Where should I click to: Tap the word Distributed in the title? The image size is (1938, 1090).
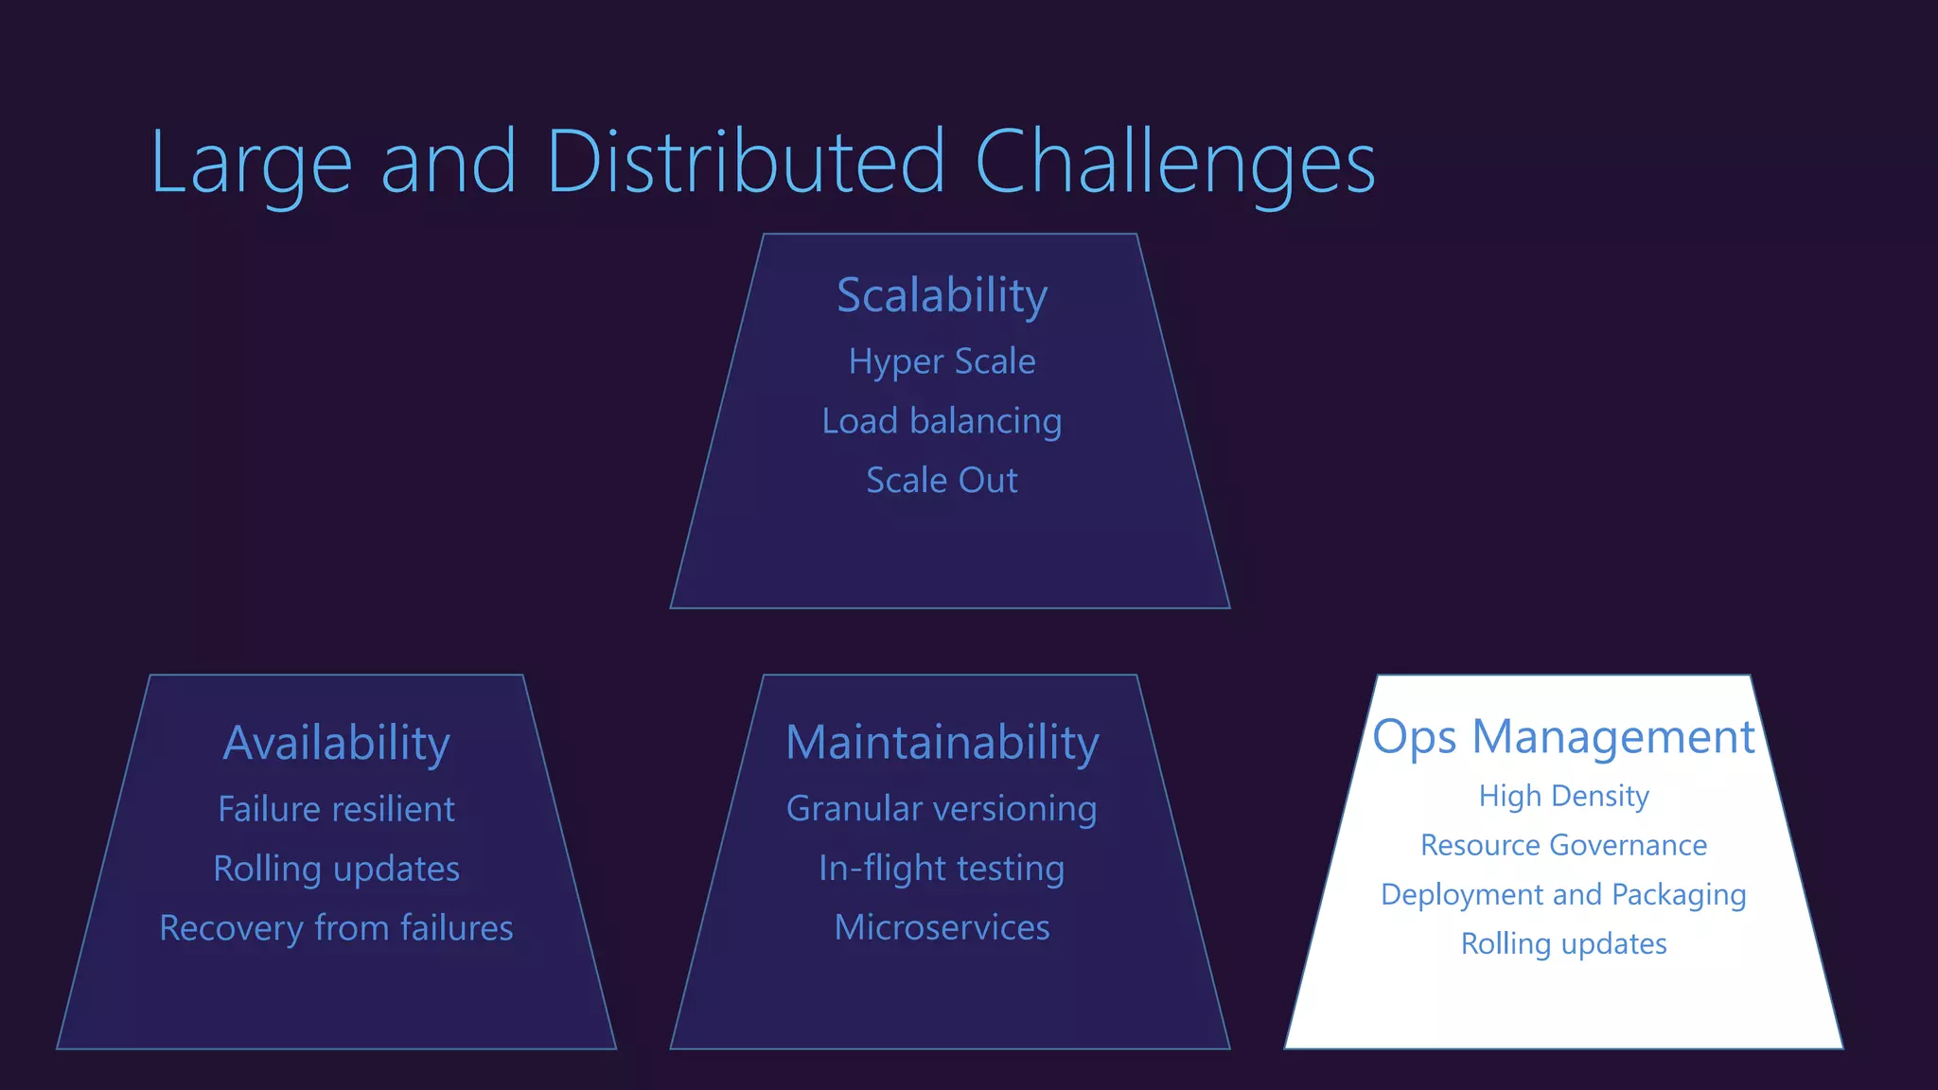(x=745, y=163)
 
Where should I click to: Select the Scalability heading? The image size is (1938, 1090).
(x=942, y=295)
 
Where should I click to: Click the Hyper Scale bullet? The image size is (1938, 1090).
(x=942, y=362)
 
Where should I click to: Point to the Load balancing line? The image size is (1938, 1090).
(x=942, y=421)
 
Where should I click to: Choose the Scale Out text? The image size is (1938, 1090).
(x=942, y=481)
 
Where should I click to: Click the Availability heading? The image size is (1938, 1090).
(x=336, y=743)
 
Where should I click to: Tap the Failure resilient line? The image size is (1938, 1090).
(x=336, y=810)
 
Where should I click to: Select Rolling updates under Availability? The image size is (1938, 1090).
(x=336, y=870)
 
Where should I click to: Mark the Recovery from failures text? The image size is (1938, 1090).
(x=336, y=928)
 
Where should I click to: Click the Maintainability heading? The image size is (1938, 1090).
(x=943, y=743)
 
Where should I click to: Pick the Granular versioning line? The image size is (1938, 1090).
(x=942, y=809)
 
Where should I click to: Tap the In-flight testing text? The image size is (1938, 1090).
(x=942, y=869)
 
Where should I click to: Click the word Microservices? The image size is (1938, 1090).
(x=942, y=927)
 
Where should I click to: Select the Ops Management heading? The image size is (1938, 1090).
(x=1563, y=737)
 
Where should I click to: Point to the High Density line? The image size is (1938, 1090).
(x=1563, y=796)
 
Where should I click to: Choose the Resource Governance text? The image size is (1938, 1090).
(x=1563, y=845)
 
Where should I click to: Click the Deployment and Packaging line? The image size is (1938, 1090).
(x=1563, y=894)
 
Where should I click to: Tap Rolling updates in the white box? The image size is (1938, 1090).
(x=1563, y=943)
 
